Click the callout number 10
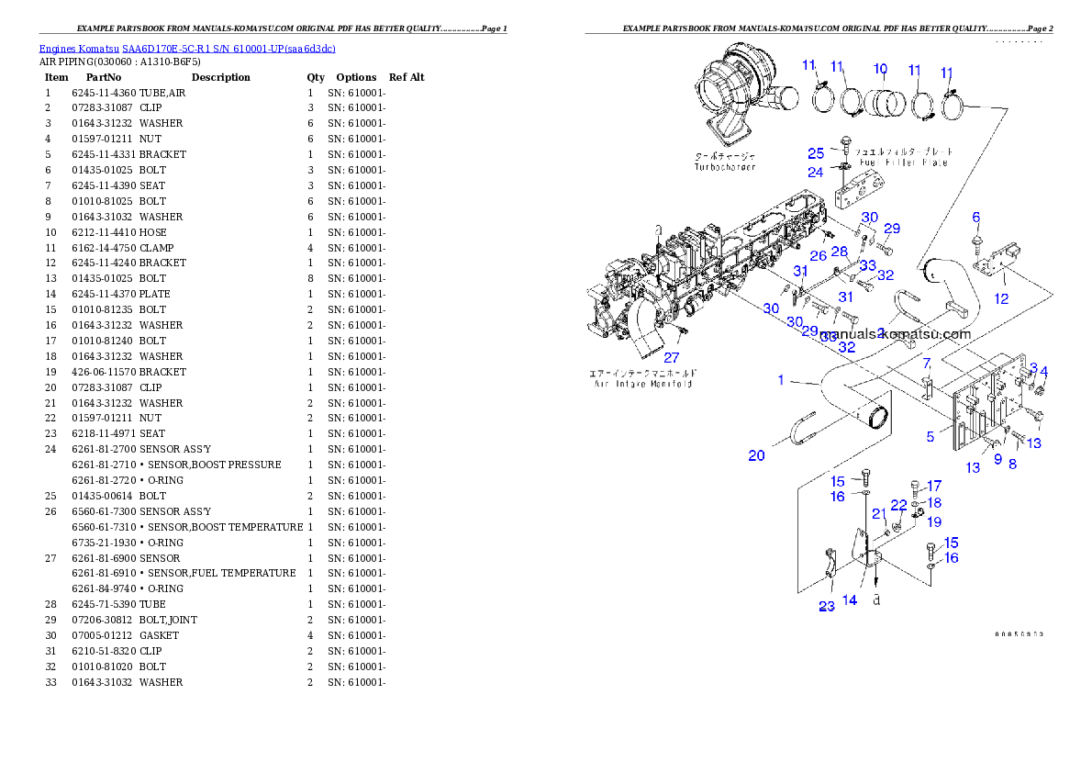(880, 68)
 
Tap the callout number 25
(816, 153)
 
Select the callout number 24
(816, 172)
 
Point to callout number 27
(673, 358)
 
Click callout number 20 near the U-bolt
(756, 455)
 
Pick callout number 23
(827, 605)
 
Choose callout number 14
(850, 599)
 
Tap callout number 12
(1001, 298)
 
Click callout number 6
(976, 217)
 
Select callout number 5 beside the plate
(930, 437)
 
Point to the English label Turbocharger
(725, 168)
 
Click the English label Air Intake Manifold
(641, 384)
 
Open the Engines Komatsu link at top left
(187, 48)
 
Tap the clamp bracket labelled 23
(829, 566)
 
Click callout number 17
(933, 486)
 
